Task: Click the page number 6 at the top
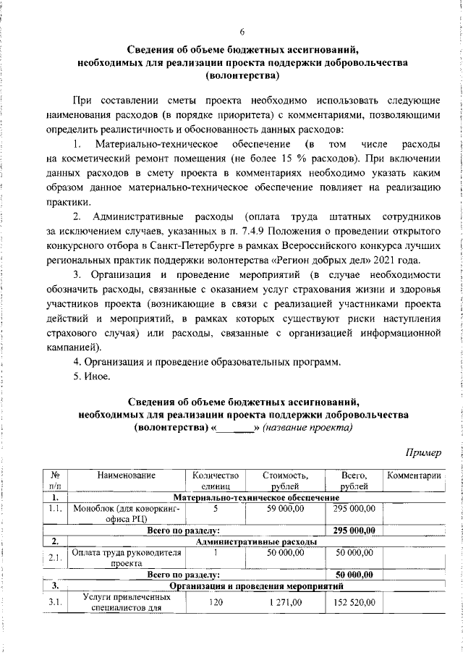(x=242, y=30)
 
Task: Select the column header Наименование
(x=118, y=476)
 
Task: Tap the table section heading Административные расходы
(x=256, y=541)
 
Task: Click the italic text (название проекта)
(x=307, y=427)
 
